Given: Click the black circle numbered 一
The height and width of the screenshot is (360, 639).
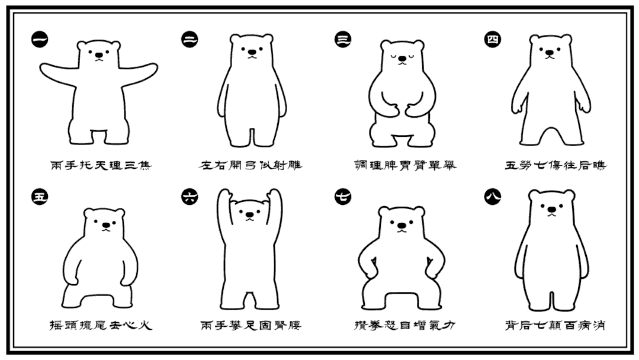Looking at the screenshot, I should tap(40, 41).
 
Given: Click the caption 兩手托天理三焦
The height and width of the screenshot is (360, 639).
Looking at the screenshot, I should tap(101, 164).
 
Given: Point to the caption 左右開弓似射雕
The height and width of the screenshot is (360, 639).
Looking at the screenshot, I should tap(251, 164).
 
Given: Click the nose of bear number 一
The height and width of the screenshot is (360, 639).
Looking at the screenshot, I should tap(99, 56).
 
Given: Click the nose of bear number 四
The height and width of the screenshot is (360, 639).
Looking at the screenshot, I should tap(551, 54).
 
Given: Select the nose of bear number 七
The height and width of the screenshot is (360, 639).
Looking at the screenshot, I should tap(402, 224).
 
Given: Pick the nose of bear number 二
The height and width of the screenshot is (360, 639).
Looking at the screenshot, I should tap(252, 54).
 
